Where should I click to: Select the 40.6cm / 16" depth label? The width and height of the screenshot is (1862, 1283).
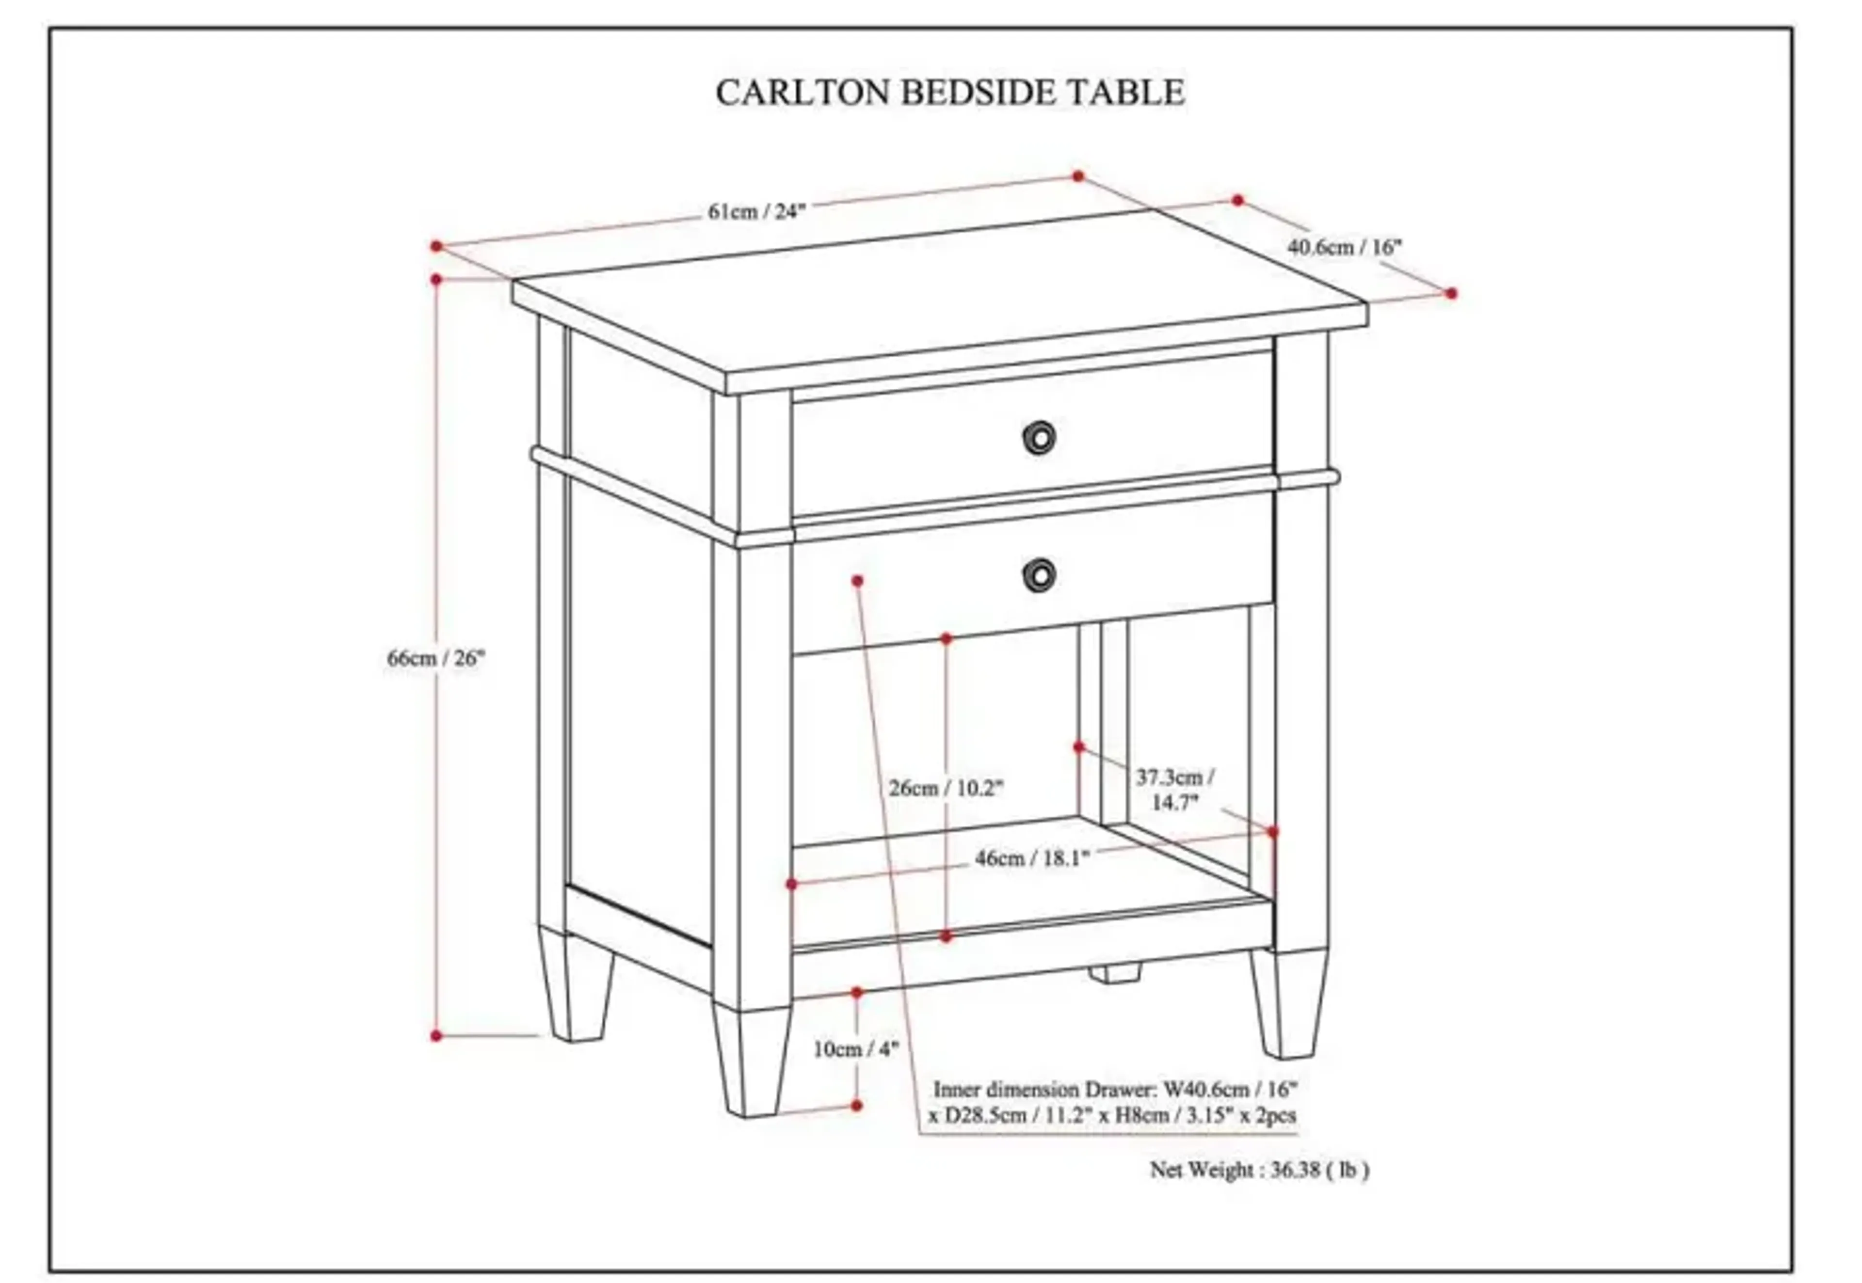tap(1344, 247)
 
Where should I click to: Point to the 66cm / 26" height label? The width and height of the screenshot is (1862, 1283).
tap(436, 658)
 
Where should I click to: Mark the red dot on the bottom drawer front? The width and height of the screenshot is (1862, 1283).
tap(857, 580)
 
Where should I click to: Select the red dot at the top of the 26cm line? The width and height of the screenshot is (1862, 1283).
tap(947, 638)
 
